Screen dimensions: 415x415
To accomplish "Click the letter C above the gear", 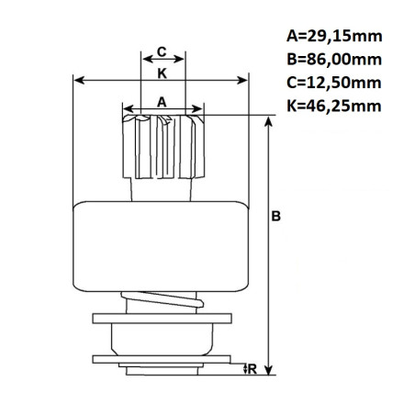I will [161, 52].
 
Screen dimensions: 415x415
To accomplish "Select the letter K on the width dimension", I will [161, 72].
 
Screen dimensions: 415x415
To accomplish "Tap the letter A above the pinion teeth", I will [162, 103].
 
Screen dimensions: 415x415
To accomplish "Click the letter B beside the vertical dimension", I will [276, 218].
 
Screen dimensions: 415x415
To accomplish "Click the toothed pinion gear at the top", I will [162, 147].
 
